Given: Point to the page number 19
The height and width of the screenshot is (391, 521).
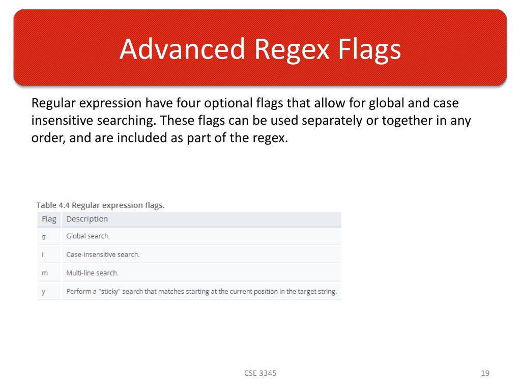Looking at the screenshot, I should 485,373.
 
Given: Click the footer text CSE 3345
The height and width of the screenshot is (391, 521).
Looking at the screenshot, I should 260,373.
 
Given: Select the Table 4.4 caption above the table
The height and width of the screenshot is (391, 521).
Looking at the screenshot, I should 100,205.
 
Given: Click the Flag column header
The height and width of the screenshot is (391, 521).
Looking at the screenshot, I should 49,219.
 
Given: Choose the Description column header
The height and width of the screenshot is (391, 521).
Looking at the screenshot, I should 87,219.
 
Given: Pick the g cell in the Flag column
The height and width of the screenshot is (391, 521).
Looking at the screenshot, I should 44,236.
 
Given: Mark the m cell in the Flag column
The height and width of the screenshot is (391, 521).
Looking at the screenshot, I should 44,273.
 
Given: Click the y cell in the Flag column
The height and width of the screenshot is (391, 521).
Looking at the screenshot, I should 44,292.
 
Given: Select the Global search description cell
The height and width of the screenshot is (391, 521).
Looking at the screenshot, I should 88,236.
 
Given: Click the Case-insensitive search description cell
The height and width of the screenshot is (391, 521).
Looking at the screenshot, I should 103,255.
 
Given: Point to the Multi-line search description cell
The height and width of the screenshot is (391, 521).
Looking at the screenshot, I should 92,273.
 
